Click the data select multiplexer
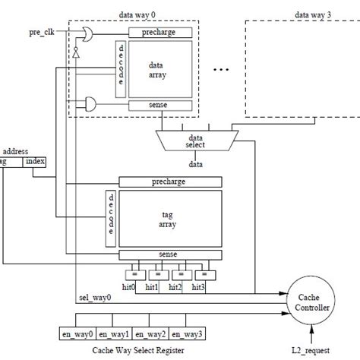click(x=196, y=139)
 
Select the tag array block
click(x=169, y=216)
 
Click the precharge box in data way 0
click(x=159, y=33)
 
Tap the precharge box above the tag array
click(x=169, y=182)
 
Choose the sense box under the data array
click(x=159, y=104)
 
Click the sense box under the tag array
click(x=169, y=253)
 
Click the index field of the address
click(x=35, y=161)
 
